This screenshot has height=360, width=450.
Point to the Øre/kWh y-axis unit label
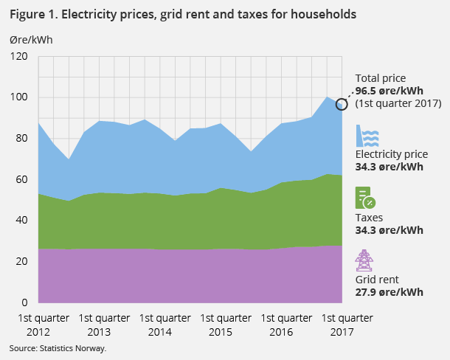click(x=30, y=39)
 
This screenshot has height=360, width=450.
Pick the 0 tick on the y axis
click(x=24, y=302)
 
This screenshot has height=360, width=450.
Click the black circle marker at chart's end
click(x=342, y=104)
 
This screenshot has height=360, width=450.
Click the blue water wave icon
click(x=367, y=137)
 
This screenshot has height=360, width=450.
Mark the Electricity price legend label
click(x=392, y=156)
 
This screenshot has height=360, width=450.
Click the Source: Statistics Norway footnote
click(x=58, y=347)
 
